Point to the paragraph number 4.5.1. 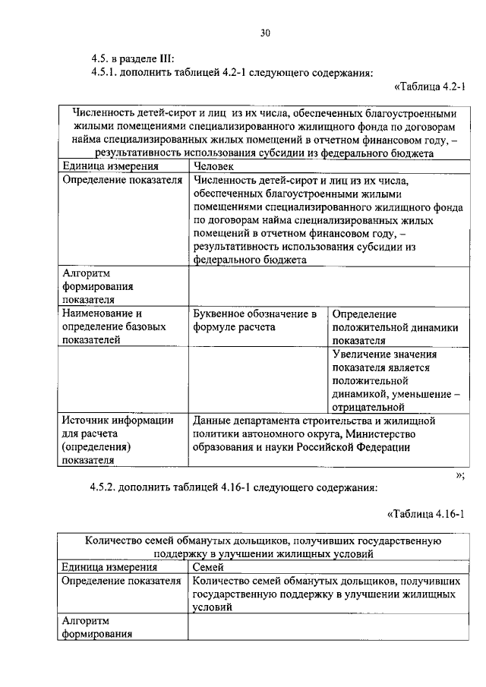[106, 73]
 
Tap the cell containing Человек [214, 166]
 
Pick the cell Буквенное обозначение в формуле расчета [254, 320]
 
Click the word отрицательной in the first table [368, 407]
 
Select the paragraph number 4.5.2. [106, 487]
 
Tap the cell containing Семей [207, 566]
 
